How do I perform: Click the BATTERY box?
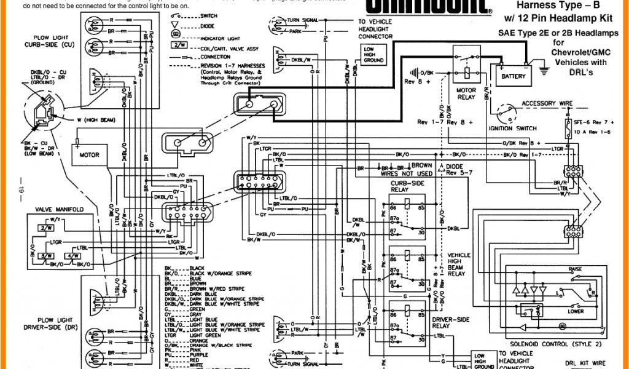(x=514, y=76)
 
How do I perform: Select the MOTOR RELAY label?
(x=466, y=93)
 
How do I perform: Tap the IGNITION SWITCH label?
(x=512, y=129)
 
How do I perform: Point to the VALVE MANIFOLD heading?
(x=59, y=210)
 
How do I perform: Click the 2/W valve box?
(x=45, y=228)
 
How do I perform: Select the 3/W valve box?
(x=45, y=255)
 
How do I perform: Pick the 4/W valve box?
(x=71, y=255)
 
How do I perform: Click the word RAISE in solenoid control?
(x=575, y=270)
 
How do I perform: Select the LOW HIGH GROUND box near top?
(x=373, y=55)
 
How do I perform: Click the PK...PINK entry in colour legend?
(x=184, y=350)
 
